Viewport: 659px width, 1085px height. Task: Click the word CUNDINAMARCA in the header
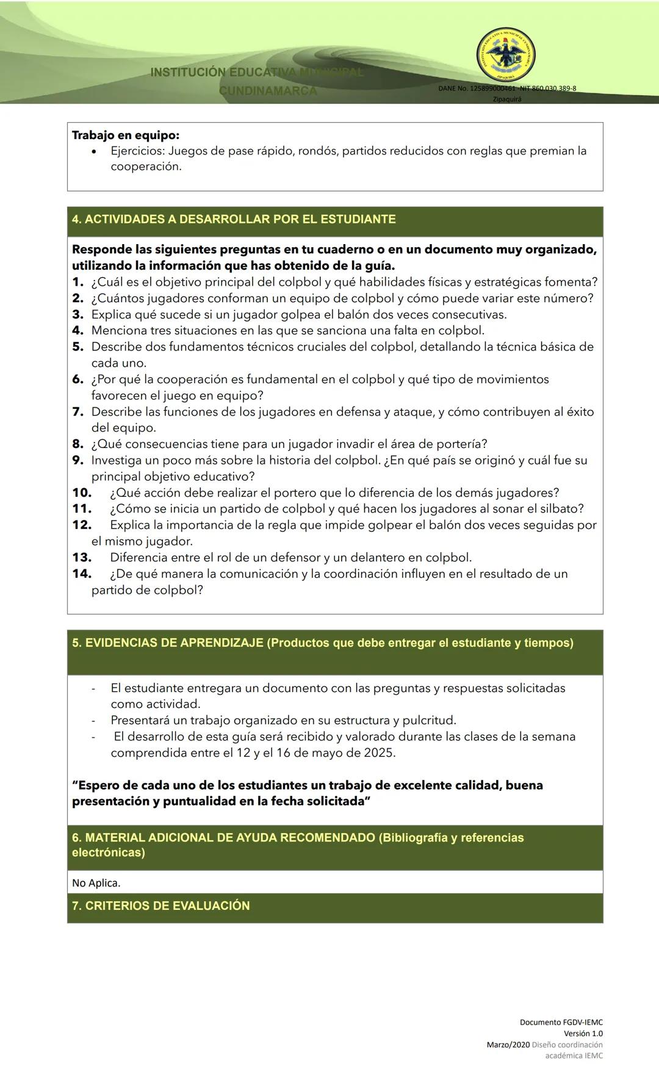tap(268, 91)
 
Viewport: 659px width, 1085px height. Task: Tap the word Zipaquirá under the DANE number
tap(507, 99)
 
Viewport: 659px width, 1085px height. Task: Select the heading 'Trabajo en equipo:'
tap(126, 135)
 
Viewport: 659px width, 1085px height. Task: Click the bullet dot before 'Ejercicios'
tap(93, 151)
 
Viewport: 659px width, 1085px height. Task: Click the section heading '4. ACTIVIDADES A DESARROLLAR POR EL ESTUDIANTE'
tap(234, 219)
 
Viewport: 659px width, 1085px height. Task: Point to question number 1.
tap(77, 282)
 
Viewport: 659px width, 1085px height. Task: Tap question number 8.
tap(77, 444)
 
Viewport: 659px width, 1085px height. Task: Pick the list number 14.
tap(82, 574)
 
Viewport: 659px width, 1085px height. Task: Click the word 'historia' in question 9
tap(289, 460)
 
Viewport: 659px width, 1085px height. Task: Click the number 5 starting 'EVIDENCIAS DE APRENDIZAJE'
tap(76, 643)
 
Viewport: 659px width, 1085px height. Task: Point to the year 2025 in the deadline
tap(378, 752)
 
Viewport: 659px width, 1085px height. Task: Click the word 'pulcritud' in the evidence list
tap(428, 720)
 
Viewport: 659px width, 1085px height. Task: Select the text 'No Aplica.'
tap(96, 882)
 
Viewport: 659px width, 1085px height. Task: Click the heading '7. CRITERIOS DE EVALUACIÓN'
tap(161, 906)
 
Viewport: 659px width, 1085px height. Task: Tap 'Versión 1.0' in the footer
tap(583, 1033)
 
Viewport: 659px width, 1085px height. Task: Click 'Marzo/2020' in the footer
tap(508, 1044)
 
